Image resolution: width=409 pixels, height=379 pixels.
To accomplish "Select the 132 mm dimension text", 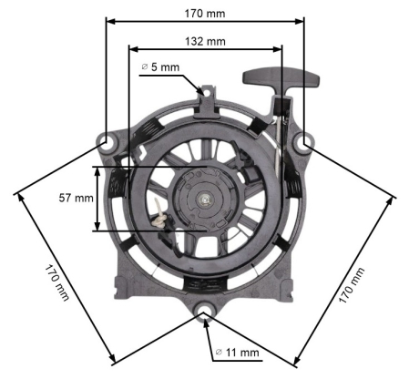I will pos(205,41).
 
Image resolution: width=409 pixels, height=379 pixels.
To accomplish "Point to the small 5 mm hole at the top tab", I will pos(208,93).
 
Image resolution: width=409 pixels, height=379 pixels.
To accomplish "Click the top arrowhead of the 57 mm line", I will pos(97,169).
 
